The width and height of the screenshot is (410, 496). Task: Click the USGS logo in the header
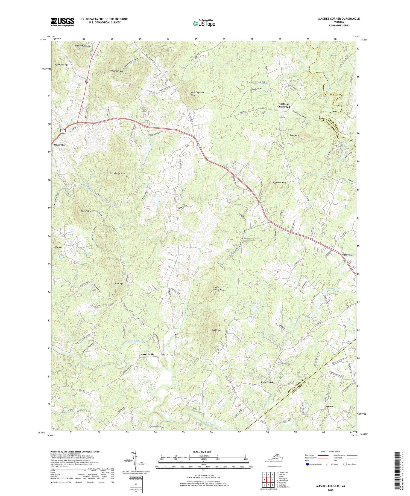point(62,22)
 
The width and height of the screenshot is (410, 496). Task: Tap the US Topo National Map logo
point(204,24)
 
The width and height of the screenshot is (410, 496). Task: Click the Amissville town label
point(346,254)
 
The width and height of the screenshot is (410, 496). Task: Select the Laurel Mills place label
point(147,354)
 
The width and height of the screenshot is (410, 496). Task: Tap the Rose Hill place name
point(60,144)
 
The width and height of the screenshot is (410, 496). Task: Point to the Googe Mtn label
point(119,173)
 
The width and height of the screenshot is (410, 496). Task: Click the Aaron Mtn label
point(118,284)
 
